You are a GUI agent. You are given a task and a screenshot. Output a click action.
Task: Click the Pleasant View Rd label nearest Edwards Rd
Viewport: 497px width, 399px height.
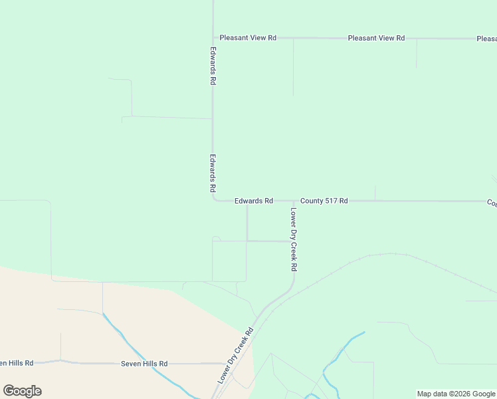click(x=248, y=38)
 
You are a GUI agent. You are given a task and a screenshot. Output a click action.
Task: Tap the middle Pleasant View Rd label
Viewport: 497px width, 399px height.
click(x=376, y=38)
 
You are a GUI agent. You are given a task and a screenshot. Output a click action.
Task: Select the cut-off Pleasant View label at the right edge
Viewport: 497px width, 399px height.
click(x=486, y=39)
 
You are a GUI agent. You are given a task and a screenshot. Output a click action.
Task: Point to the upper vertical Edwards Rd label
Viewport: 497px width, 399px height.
click(x=213, y=65)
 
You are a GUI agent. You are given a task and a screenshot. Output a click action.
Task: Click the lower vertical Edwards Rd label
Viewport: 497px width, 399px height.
click(x=213, y=174)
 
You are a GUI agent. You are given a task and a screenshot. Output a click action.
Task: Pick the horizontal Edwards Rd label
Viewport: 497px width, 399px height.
click(x=254, y=201)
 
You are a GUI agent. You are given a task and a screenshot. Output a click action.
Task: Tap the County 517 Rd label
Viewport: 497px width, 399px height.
click(x=324, y=201)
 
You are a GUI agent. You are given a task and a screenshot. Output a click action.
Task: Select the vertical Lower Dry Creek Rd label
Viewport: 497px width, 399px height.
click(x=293, y=239)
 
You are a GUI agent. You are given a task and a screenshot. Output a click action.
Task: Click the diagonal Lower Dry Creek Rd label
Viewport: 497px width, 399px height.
click(x=236, y=356)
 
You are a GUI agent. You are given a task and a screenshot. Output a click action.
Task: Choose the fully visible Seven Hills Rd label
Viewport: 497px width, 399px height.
click(x=144, y=364)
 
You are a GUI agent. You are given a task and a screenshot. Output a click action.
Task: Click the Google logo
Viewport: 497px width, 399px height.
click(x=22, y=391)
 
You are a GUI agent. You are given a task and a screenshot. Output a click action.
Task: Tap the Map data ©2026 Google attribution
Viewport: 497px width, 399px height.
click(x=456, y=394)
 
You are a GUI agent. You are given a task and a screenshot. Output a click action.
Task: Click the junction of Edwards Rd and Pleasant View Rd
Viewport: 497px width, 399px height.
click(x=213, y=38)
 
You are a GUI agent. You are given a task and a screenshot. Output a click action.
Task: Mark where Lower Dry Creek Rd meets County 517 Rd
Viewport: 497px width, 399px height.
click(x=293, y=200)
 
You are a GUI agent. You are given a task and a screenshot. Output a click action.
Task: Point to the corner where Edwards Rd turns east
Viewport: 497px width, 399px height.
click(x=214, y=199)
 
